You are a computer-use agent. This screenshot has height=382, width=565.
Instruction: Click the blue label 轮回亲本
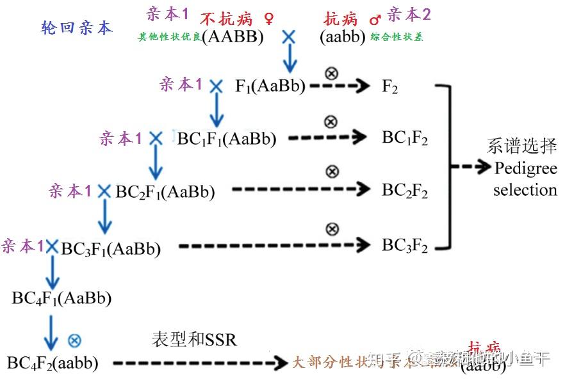tap(76, 28)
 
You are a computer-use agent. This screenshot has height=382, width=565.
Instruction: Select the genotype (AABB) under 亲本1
tap(233, 37)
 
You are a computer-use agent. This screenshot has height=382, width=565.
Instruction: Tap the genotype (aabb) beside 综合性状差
tap(343, 37)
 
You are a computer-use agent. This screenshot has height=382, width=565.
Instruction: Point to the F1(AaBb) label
tap(270, 87)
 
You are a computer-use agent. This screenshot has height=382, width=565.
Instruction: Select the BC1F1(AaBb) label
tap(227, 138)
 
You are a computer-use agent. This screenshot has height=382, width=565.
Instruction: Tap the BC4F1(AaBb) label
tap(61, 298)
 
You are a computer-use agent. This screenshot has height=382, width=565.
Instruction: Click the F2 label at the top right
tap(389, 87)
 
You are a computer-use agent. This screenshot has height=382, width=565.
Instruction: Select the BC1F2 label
tap(405, 138)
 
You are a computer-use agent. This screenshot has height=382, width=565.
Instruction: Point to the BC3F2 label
tap(405, 246)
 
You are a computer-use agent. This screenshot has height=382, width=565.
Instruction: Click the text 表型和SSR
tap(194, 339)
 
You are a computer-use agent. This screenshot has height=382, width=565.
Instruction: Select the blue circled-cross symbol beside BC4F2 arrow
tap(75, 340)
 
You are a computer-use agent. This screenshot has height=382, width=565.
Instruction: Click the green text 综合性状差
tap(397, 37)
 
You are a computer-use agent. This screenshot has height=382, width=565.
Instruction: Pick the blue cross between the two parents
tap(289, 38)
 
